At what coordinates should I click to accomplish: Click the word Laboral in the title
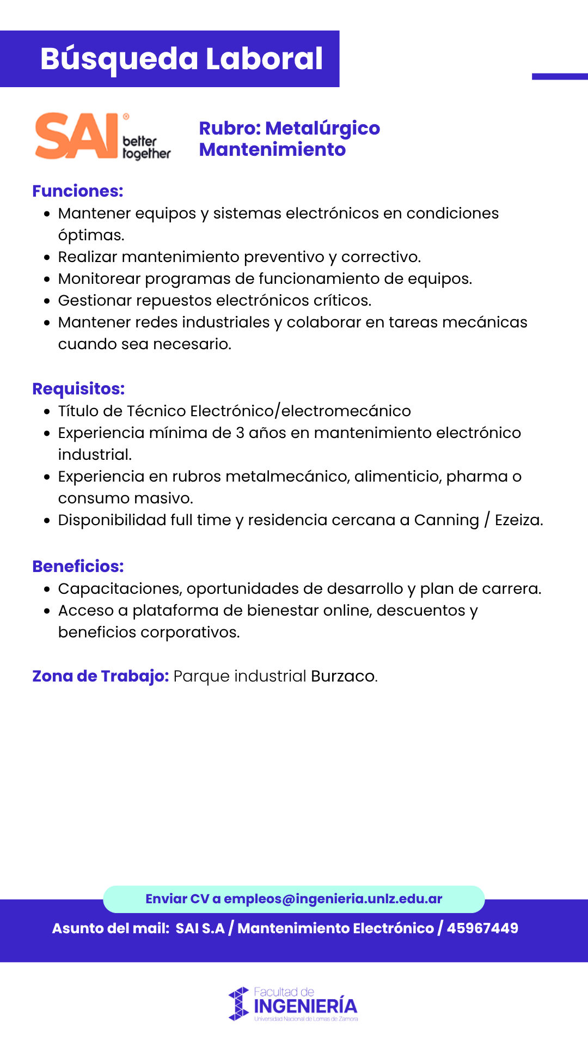coord(264,59)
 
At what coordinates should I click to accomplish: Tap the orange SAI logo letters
coord(76,136)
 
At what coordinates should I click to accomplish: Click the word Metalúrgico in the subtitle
coord(322,129)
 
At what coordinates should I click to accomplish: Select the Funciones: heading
coord(78,191)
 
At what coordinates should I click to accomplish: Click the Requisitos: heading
coord(78,389)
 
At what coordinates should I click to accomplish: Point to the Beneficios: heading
coord(78,567)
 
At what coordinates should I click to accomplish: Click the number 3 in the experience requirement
coord(240,433)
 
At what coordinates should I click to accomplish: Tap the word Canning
coord(446,520)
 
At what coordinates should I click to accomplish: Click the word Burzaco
coord(343,676)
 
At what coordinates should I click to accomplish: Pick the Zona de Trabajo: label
coord(101,676)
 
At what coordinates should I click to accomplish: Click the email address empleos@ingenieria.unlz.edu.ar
coord(333,899)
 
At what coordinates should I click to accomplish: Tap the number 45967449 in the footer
coord(482,928)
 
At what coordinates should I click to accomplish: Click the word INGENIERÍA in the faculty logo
coord(305,1006)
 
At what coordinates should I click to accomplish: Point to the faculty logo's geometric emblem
coord(238,1004)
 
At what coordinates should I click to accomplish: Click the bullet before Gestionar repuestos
coord(47,301)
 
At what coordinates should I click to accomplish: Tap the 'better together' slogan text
coord(146,147)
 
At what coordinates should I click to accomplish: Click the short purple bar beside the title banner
coord(560,77)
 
